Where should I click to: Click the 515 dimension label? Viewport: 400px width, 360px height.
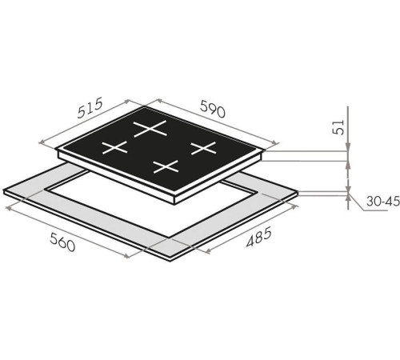click(90, 108)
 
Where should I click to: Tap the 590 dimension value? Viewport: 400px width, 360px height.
click(213, 109)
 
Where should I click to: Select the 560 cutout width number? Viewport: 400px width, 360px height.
click(62, 242)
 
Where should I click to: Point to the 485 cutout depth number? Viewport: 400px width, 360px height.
click(258, 237)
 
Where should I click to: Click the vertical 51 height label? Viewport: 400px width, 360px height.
click(338, 127)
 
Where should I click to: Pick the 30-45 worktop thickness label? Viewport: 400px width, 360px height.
click(383, 201)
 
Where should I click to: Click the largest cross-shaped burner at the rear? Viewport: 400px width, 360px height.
click(150, 129)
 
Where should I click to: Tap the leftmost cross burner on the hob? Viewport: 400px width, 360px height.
click(115, 147)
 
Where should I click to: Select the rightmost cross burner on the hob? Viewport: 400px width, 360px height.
click(203, 148)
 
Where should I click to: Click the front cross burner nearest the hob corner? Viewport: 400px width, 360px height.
click(166, 166)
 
